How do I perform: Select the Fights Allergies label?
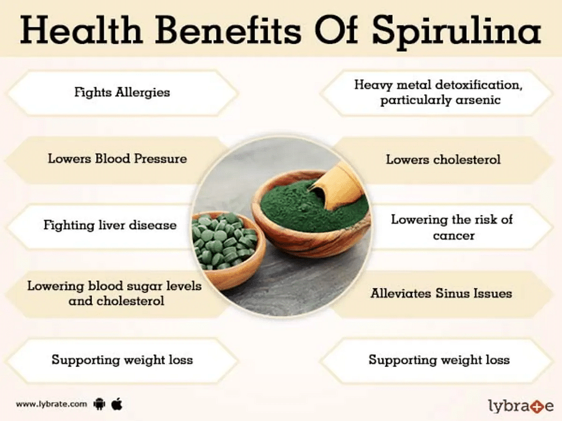click(122, 92)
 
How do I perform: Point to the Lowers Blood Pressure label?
click(117, 158)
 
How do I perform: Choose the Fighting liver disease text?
click(110, 225)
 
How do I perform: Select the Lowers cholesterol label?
click(443, 160)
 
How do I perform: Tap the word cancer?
click(454, 236)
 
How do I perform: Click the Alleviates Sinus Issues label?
click(441, 293)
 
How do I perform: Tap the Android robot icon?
click(99, 404)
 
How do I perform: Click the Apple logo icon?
click(117, 404)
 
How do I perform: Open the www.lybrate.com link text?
click(51, 404)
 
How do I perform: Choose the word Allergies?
click(143, 92)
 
